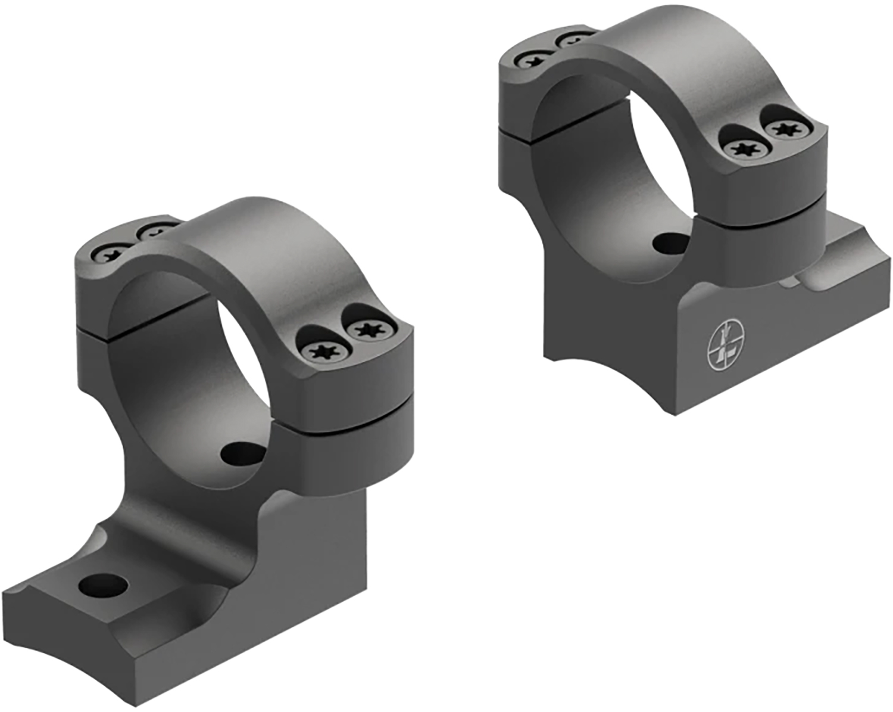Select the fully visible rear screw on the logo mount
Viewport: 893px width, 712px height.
530,59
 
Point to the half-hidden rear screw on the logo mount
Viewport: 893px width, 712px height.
573,41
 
